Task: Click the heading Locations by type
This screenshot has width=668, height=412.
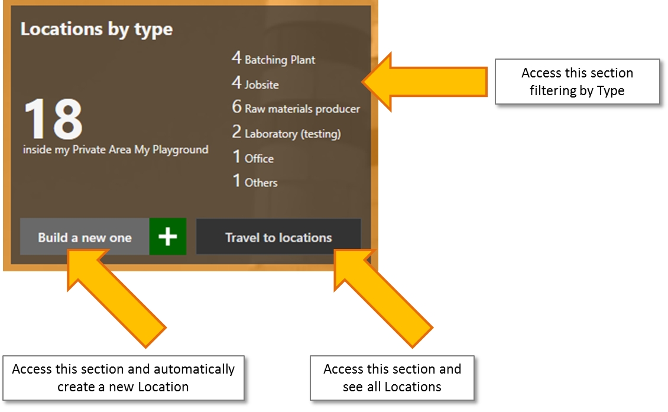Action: (96, 29)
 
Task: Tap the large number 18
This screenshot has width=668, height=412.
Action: (53, 119)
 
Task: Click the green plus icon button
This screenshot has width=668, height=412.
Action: (168, 237)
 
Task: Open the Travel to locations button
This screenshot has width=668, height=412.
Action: (278, 238)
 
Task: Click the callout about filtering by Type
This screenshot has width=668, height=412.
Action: (576, 82)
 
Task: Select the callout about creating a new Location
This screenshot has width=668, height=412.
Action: (124, 378)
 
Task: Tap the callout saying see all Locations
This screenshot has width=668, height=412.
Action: (392, 378)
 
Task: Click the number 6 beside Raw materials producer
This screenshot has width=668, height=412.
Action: (237, 108)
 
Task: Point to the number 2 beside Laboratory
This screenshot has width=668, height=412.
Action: (237, 132)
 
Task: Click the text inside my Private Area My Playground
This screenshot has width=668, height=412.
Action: (116, 150)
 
